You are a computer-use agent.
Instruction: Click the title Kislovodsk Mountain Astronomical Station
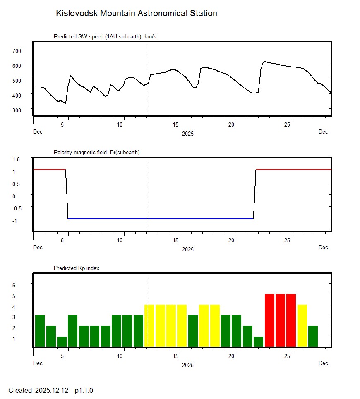[136, 14]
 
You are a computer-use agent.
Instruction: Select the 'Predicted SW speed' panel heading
[105, 37]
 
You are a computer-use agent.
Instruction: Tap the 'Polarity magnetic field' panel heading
[96, 153]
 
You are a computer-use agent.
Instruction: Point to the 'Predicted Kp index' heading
[77, 268]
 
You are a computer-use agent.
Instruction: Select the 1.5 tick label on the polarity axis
[17, 159]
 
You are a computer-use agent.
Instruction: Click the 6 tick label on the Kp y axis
[14, 285]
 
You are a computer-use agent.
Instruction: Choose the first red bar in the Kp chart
[270, 320]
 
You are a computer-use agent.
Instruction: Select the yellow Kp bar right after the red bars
[302, 326]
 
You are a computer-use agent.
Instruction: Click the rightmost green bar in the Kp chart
[313, 336]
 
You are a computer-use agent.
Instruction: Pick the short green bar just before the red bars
[258, 342]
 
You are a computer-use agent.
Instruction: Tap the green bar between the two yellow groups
[193, 331]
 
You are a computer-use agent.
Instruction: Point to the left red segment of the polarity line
[49, 170]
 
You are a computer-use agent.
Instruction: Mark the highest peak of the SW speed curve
[264, 62]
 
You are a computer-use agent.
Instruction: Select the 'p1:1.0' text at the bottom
[84, 390]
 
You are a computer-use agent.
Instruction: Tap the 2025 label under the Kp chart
[187, 365]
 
